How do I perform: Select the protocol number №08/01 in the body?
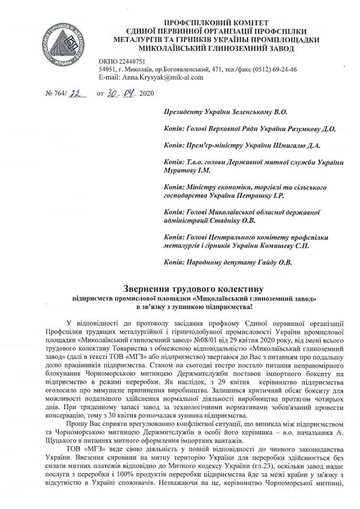[212, 338]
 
